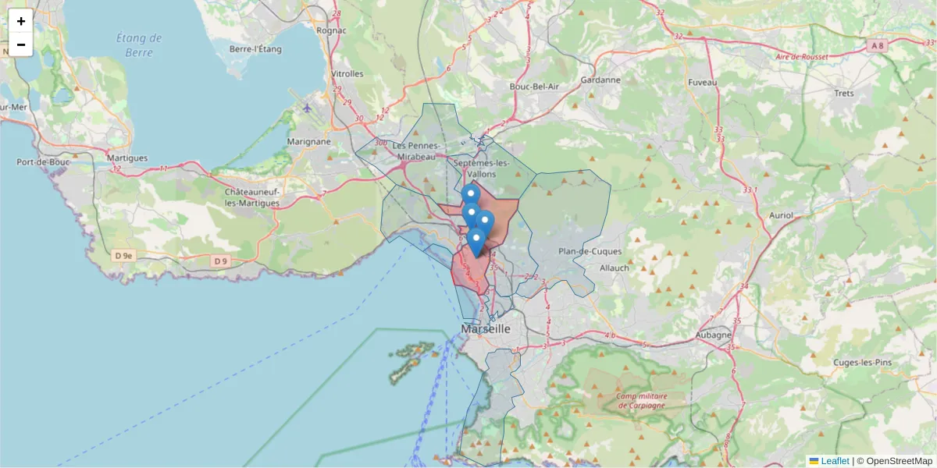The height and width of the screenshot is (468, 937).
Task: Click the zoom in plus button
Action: pos(21,21)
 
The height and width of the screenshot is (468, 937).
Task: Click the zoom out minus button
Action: pos(21,44)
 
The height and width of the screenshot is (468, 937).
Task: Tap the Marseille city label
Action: pos(486,329)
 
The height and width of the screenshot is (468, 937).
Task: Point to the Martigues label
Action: pos(126,158)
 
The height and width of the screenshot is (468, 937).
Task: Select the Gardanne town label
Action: pos(600,80)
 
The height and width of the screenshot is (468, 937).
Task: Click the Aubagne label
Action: pos(714,335)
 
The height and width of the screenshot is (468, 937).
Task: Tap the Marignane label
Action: pos(308,141)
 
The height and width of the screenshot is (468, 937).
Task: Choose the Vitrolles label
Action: pos(347,74)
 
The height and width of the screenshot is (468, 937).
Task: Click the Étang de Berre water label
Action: pos(139,45)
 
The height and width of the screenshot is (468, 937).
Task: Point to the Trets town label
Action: pos(844,94)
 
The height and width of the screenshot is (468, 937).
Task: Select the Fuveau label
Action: pos(703,82)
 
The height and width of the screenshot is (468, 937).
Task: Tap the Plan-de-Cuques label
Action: pos(590,251)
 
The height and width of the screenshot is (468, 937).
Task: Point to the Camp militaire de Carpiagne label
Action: pos(641,400)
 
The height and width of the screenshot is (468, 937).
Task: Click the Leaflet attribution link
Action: pos(835,461)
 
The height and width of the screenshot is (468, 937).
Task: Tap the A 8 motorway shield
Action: pos(878,46)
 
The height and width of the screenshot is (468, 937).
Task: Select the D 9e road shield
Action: pos(123,255)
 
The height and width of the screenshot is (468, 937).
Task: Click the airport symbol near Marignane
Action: pos(308,108)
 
